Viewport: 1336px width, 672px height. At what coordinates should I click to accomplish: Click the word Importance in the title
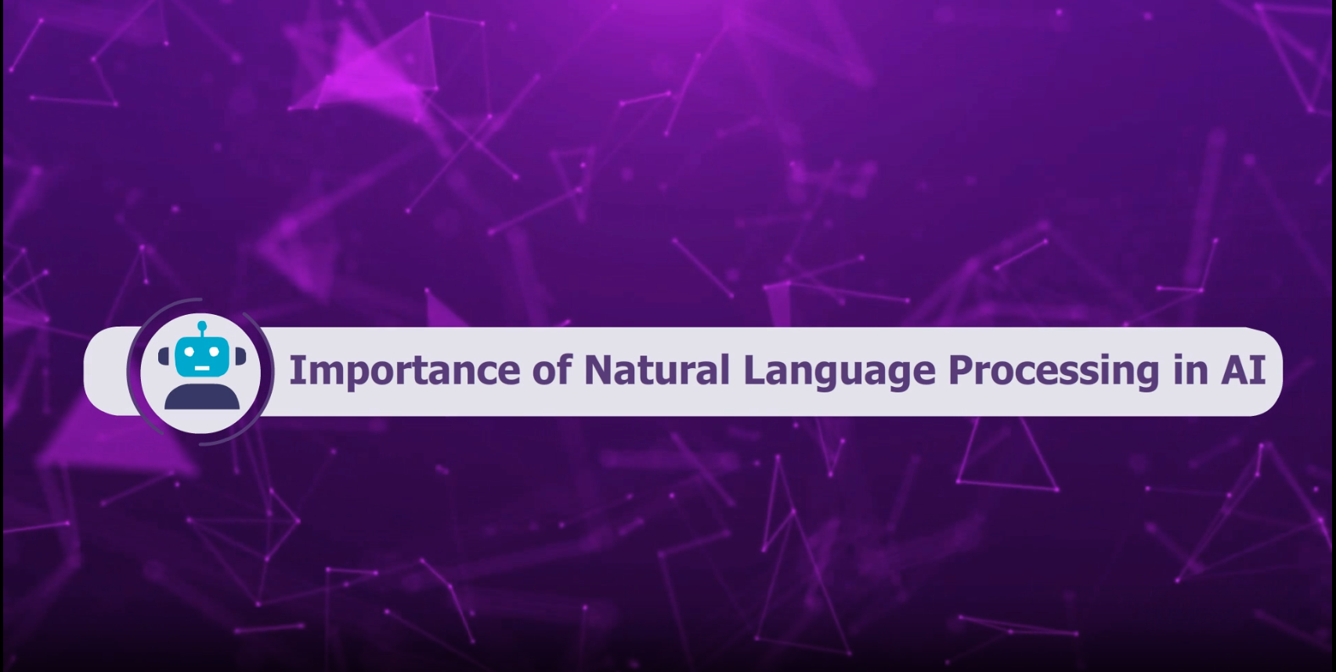pyautogui.click(x=405, y=370)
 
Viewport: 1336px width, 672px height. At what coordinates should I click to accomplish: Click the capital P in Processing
pyautogui.click(x=962, y=370)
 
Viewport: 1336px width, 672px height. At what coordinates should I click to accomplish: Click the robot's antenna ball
pyautogui.click(x=202, y=326)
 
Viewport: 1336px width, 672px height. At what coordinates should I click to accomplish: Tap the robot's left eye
pyautogui.click(x=189, y=352)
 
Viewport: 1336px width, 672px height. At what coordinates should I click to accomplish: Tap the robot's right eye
pyautogui.click(x=215, y=352)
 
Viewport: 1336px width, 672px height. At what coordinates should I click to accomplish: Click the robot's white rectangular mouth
pyautogui.click(x=202, y=368)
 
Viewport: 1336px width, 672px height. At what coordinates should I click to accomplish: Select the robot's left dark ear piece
pyautogui.click(x=164, y=356)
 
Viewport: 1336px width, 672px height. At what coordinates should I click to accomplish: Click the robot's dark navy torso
pyautogui.click(x=202, y=397)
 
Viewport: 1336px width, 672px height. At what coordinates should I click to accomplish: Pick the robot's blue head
pyautogui.click(x=202, y=356)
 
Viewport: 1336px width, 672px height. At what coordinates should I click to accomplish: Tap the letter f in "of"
pyautogui.click(x=564, y=369)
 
